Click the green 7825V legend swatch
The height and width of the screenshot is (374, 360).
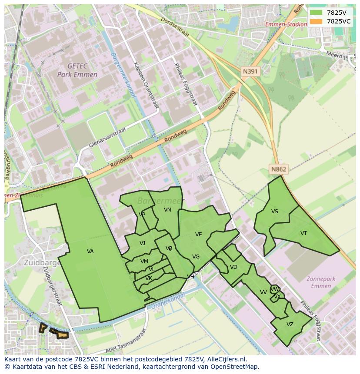(x=316, y=13)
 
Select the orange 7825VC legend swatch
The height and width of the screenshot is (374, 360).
(x=316, y=21)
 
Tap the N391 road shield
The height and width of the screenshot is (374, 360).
(x=250, y=71)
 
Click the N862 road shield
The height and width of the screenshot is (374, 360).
(x=279, y=169)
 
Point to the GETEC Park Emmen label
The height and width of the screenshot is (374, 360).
(x=77, y=70)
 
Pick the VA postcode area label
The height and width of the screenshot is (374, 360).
(x=90, y=252)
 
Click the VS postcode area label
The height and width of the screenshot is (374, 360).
(x=274, y=212)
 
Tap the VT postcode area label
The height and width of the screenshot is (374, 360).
(x=303, y=233)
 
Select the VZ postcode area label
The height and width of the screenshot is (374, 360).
(x=290, y=324)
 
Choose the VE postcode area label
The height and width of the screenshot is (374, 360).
(x=198, y=235)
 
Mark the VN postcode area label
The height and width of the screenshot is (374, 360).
(x=167, y=210)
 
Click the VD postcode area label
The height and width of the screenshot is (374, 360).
(x=233, y=267)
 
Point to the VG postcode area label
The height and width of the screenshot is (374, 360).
(x=196, y=257)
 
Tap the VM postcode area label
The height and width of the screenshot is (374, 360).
(x=144, y=261)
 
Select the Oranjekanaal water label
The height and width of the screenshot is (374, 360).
(x=168, y=301)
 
